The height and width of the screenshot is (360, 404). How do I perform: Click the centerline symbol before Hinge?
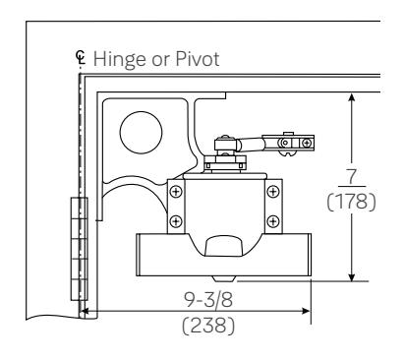(x=81, y=57)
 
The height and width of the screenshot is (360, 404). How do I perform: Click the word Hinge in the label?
(x=119, y=60)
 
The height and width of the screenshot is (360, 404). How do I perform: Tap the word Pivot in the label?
(x=198, y=59)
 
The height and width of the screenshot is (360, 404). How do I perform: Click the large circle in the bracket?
(x=141, y=133)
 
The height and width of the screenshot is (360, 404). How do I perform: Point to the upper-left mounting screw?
(x=176, y=192)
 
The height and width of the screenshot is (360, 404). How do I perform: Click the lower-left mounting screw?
(x=176, y=221)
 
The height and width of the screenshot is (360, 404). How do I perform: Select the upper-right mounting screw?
(x=273, y=192)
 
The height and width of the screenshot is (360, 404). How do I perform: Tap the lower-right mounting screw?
(x=273, y=221)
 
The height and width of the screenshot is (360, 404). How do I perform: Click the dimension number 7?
(x=352, y=176)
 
